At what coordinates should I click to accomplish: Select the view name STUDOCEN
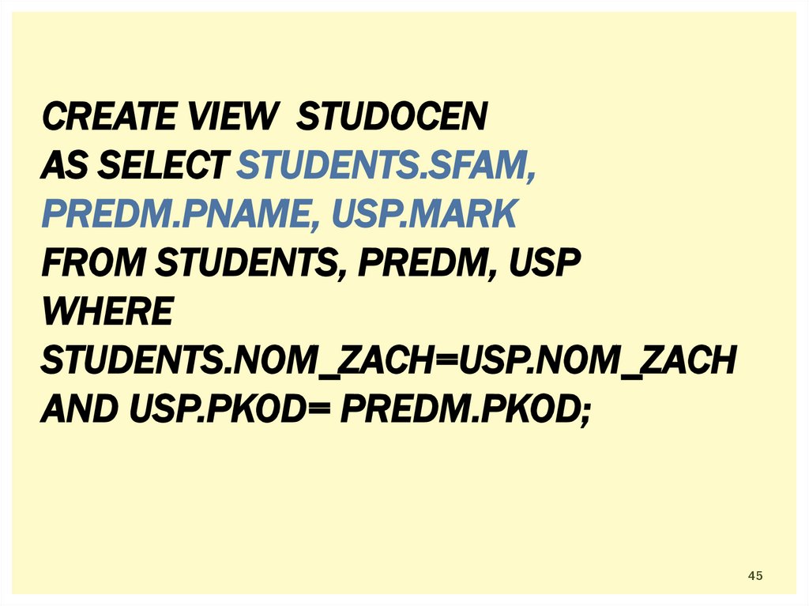tap(392, 119)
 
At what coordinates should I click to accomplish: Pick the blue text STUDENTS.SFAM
tap(386, 167)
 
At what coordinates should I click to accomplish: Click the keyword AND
tap(75, 409)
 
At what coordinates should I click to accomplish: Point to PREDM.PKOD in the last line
tap(459, 409)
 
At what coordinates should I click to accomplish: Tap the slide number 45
tap(755, 576)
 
